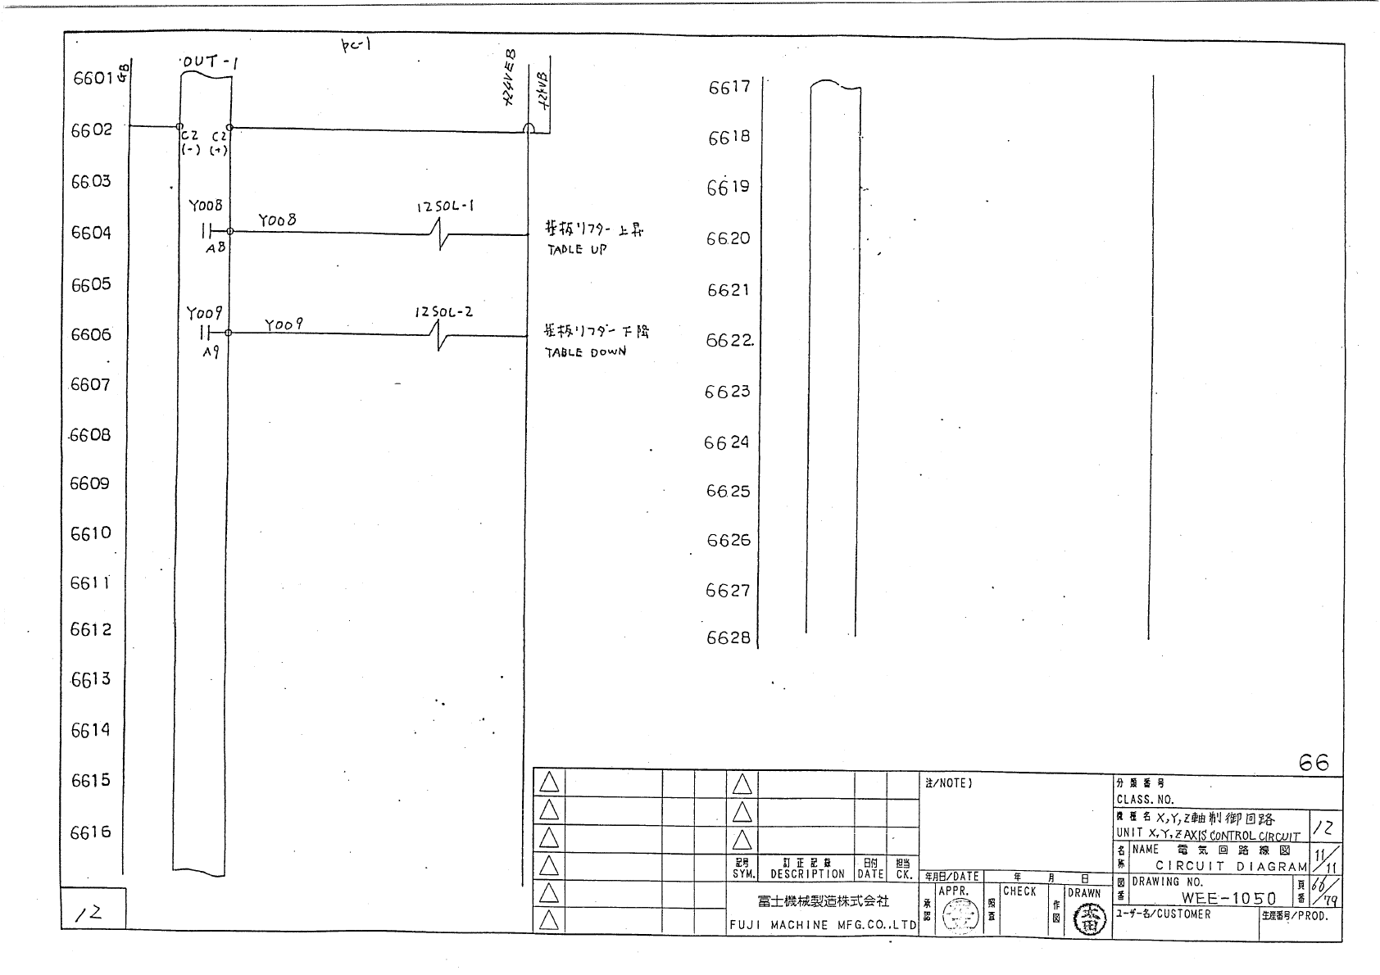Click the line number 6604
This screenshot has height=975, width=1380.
(91, 233)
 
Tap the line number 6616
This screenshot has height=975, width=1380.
(90, 832)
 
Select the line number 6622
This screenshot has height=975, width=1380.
(729, 340)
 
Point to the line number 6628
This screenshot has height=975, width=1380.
(729, 637)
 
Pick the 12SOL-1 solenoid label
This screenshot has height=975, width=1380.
(445, 207)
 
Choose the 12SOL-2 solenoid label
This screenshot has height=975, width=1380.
(443, 312)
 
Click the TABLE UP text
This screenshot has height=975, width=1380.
(577, 249)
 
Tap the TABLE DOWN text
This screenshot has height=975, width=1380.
(585, 352)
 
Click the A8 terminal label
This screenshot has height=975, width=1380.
(215, 247)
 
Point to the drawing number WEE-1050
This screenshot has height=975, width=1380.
(1228, 898)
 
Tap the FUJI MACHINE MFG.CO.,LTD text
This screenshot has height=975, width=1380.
(823, 925)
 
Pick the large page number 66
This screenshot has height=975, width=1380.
(1314, 763)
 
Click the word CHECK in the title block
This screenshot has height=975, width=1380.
(1019, 891)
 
